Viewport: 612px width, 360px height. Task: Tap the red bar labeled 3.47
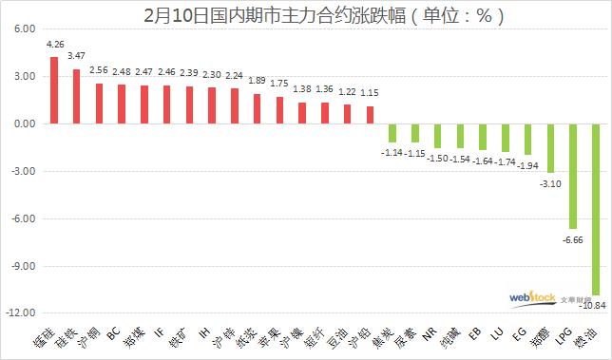click(x=76, y=96)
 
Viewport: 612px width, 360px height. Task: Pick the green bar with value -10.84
click(x=595, y=209)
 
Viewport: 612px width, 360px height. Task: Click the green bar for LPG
click(x=572, y=176)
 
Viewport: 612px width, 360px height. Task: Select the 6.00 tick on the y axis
click(x=22, y=29)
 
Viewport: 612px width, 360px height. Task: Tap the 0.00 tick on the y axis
click(x=22, y=123)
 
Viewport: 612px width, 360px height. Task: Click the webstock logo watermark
click(x=531, y=299)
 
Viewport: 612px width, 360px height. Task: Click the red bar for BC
click(x=122, y=104)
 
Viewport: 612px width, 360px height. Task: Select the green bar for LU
click(x=504, y=138)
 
